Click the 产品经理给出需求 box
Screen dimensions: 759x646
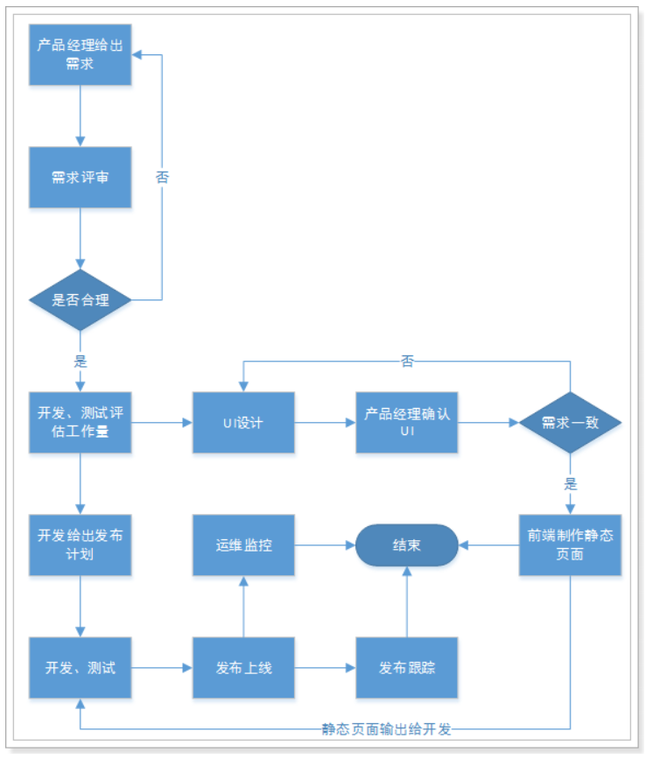pos(80,54)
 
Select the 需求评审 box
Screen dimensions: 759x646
pos(80,177)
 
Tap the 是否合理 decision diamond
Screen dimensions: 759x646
pos(80,300)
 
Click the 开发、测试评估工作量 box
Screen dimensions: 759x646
pos(80,422)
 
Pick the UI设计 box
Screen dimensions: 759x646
pos(243,422)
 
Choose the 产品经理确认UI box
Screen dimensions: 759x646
pos(407,422)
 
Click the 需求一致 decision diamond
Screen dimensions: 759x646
pos(570,422)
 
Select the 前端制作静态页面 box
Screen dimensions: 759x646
pos(570,545)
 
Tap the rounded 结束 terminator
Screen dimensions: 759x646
pos(407,545)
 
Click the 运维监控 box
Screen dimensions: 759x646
pos(243,545)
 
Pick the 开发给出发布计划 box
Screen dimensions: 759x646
pos(80,545)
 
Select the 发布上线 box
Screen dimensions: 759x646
pos(243,667)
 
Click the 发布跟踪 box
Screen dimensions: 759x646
pos(407,667)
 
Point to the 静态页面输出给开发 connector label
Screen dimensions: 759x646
pos(386,728)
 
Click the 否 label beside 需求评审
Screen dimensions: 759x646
pos(162,177)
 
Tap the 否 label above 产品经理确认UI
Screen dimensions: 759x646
pos(407,361)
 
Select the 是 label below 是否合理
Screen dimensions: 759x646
pos(80,361)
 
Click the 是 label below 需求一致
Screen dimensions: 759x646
pos(570,483)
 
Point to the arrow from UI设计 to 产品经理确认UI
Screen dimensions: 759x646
pos(325,422)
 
